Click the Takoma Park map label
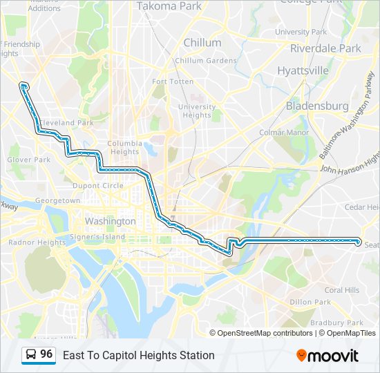[169, 6]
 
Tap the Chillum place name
[202, 43]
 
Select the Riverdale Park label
[325, 49]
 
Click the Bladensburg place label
[317, 106]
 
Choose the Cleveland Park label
[66, 123]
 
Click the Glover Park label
[29, 160]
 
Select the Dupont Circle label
[99, 186]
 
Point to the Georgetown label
[58, 200]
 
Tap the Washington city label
[110, 222]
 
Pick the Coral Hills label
[342, 290]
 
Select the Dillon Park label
[310, 302]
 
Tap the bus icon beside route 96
[31, 355]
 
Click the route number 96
[46, 354]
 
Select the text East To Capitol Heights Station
[138, 355]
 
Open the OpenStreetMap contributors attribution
[265, 333]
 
